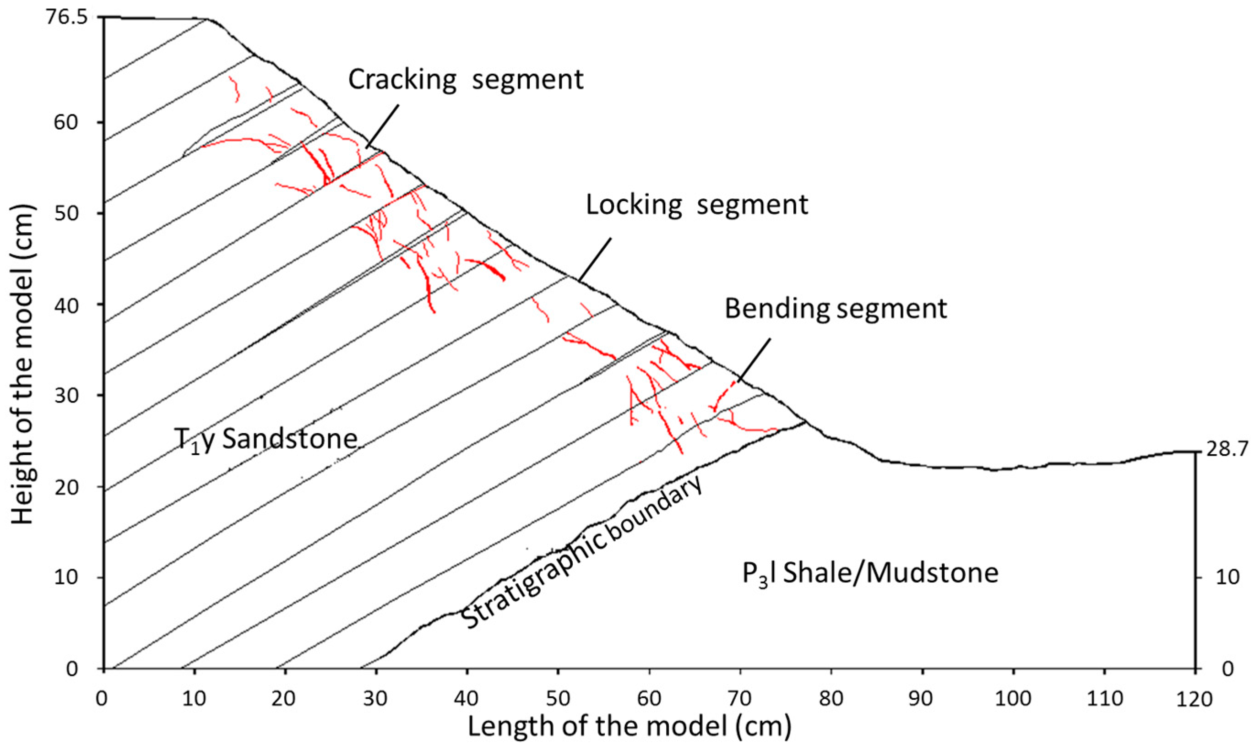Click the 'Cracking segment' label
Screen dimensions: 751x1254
[465, 80]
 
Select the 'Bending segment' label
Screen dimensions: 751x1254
[835, 308]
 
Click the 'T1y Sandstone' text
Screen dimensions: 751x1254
[266, 439]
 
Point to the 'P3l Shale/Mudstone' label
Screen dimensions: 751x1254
[870, 574]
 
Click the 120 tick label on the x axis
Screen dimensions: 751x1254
[1194, 699]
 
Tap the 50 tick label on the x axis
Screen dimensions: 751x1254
[558, 699]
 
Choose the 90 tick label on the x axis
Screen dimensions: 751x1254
[922, 699]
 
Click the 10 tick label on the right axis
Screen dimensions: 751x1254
[1225, 577]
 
